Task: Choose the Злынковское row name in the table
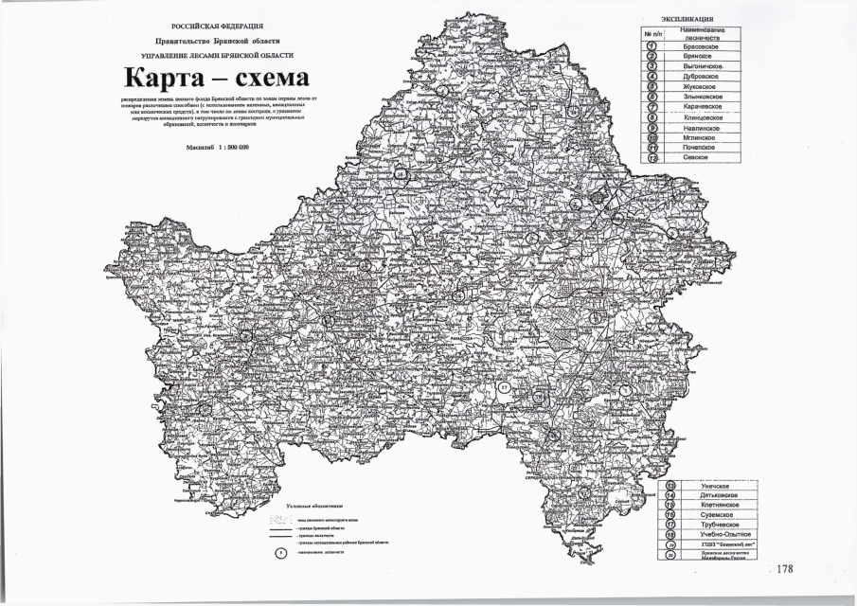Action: point(704,97)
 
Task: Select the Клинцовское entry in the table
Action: point(704,117)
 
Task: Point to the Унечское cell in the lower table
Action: point(698,486)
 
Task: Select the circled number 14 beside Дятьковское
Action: point(671,495)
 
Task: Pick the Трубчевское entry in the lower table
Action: point(703,525)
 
